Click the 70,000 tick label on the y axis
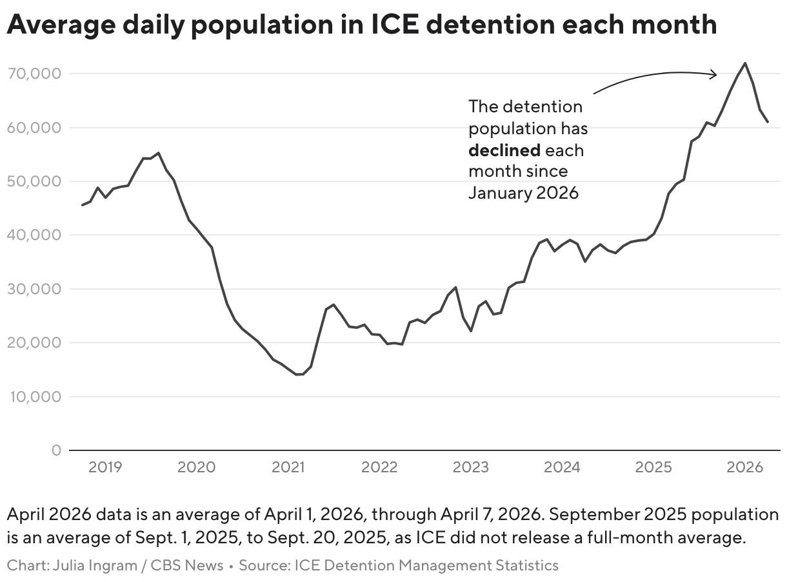[34, 74]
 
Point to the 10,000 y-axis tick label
[34, 396]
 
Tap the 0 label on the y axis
[56, 450]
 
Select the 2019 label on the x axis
[105, 467]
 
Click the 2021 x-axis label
[288, 467]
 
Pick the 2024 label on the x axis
[563, 467]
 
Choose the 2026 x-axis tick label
[745, 467]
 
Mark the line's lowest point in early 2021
[297, 374]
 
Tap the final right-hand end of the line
[768, 121]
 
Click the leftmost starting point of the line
[82, 205]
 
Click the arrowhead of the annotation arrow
[715, 74]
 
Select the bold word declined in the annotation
[504, 150]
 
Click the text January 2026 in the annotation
[523, 193]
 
